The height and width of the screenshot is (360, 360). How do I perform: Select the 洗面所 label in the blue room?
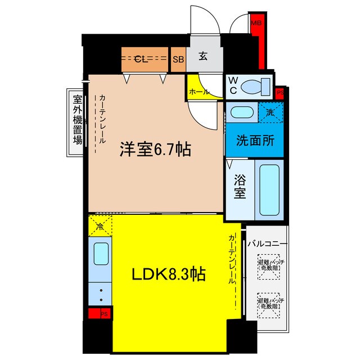tap(254, 139)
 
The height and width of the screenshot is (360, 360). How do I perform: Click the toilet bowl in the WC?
tap(254, 87)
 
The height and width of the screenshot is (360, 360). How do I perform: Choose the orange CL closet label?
tap(142, 59)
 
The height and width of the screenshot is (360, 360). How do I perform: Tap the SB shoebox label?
tap(178, 59)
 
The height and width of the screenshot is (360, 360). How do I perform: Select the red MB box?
tap(256, 23)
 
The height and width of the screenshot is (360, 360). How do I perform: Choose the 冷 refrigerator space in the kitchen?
tap(100, 227)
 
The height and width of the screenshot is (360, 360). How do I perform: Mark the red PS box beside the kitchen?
tap(99, 314)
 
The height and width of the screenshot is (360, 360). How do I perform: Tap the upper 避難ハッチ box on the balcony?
tap(269, 265)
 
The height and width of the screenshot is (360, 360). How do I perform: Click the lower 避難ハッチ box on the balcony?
tap(269, 304)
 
